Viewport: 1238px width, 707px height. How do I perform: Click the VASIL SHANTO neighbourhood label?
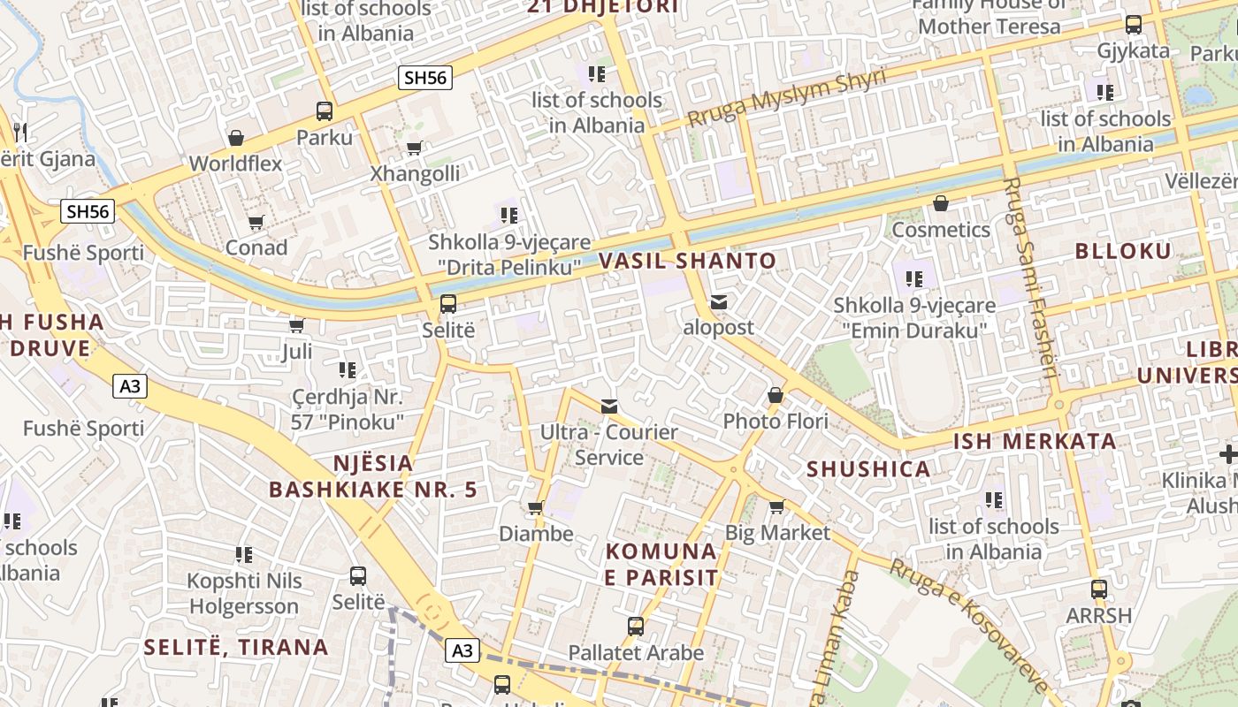pos(687,262)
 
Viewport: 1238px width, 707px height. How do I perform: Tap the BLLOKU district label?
pos(1122,251)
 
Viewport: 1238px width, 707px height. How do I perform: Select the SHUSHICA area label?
pos(868,469)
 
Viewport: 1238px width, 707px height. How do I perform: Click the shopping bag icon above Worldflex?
pos(236,138)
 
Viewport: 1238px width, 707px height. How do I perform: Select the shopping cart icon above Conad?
pos(256,222)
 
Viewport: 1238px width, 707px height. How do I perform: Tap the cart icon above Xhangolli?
pos(414,148)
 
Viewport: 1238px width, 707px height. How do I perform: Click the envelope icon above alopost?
pos(719,302)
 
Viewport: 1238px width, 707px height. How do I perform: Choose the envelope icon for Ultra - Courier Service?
pos(609,407)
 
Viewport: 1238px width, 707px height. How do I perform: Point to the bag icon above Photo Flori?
pos(776,395)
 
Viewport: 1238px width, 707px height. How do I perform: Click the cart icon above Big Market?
pos(776,506)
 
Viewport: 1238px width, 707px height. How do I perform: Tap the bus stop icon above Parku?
pos(325,111)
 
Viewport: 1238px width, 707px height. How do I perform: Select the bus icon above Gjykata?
pos(1133,25)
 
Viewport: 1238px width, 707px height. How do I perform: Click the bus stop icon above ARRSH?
pos(1099,589)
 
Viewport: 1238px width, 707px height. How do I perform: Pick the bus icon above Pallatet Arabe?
pos(635,627)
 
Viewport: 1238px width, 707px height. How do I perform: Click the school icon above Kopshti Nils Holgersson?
pos(244,555)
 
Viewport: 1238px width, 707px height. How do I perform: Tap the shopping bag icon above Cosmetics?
pos(941,204)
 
